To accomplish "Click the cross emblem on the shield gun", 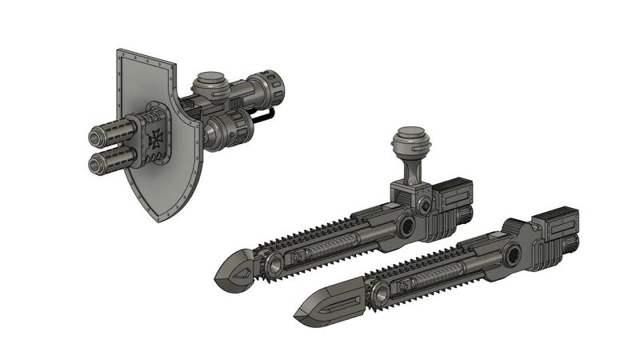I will pyautogui.click(x=154, y=138).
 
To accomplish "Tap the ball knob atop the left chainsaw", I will pyautogui.click(x=411, y=143).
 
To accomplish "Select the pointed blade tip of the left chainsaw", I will pyautogui.click(x=220, y=276).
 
